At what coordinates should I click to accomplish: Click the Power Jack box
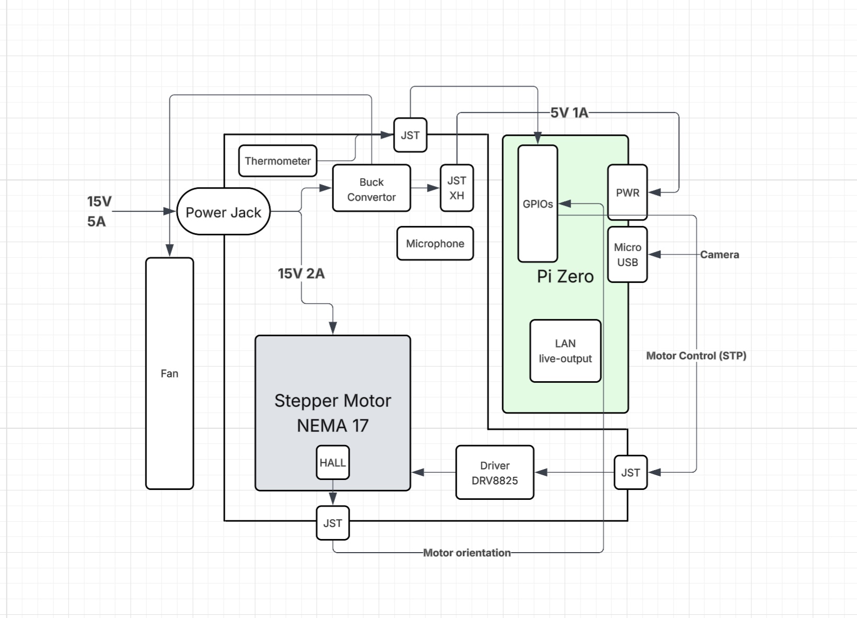(224, 212)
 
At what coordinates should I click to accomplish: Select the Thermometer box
(277, 161)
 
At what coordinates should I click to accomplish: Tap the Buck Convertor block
(372, 189)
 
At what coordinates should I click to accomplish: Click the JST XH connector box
(457, 188)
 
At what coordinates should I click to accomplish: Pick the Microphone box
(435, 244)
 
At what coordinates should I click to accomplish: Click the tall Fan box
(169, 373)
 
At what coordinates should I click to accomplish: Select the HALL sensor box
(333, 463)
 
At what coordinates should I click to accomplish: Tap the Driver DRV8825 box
(494, 473)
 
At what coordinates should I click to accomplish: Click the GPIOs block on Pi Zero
(538, 204)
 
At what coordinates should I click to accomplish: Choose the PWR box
(627, 192)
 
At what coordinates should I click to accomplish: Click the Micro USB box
(627, 255)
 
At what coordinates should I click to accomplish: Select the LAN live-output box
(565, 351)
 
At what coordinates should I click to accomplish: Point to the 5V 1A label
(569, 113)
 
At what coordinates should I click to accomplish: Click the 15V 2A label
(301, 273)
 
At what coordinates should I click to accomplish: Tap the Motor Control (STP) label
(696, 356)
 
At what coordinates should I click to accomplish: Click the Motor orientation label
(467, 553)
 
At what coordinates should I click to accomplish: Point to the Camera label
(720, 255)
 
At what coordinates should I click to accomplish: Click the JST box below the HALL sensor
(333, 523)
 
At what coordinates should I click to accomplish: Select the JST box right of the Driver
(630, 473)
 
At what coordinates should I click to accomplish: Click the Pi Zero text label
(565, 276)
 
